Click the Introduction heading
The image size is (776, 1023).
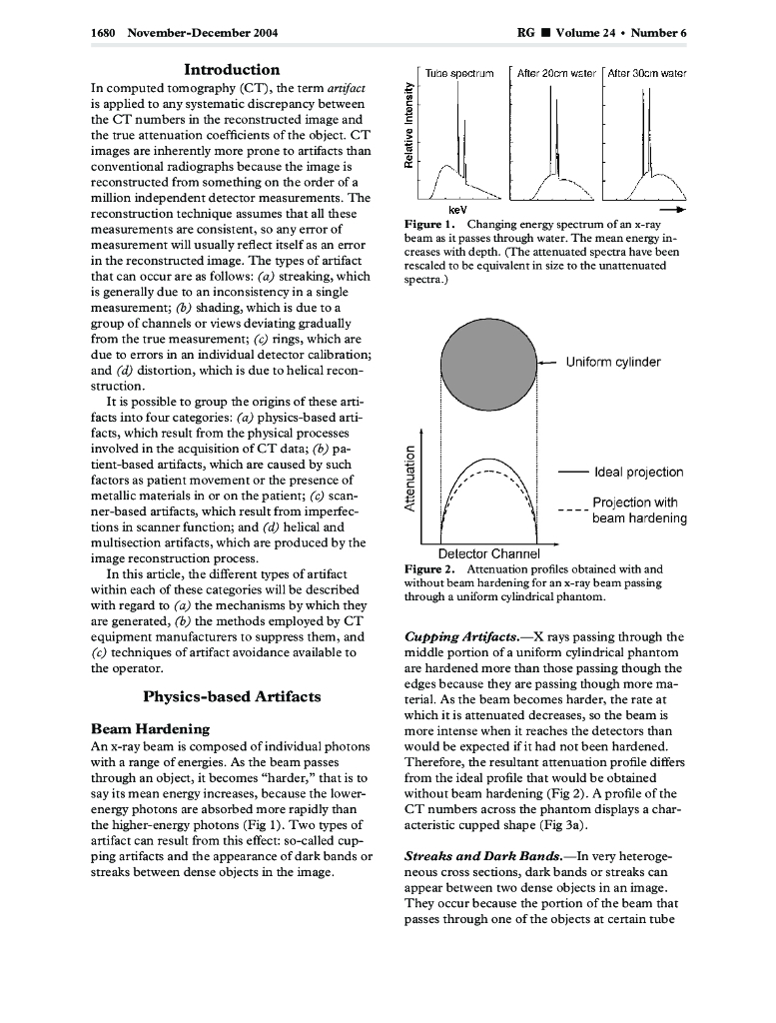click(232, 70)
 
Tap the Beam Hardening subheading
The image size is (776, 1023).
click(150, 729)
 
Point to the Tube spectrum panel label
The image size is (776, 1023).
click(453, 74)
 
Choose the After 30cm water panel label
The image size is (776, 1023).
click(646, 74)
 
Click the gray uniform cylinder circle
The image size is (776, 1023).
click(488, 362)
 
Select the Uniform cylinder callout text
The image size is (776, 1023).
click(613, 362)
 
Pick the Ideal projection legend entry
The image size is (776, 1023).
click(638, 472)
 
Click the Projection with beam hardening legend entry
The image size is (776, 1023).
click(639, 511)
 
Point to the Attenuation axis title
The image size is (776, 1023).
click(407, 479)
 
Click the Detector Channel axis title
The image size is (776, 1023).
click(489, 553)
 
